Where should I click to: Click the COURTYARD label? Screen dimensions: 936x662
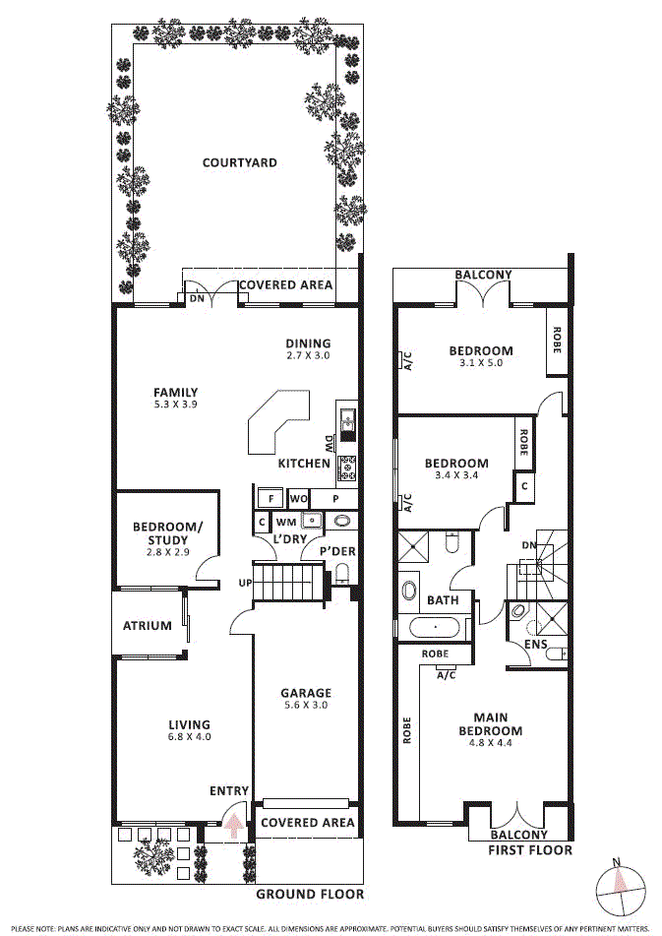239,163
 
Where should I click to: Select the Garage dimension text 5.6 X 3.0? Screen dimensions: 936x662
306,705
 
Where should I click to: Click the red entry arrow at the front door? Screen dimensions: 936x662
233,824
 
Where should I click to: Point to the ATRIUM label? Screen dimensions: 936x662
148,625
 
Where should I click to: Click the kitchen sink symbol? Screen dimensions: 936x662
347,423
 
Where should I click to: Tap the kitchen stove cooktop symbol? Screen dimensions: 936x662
347,468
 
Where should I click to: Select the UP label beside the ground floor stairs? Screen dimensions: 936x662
245,584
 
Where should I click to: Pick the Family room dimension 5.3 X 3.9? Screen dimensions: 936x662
176,404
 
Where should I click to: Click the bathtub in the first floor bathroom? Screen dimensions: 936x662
434,627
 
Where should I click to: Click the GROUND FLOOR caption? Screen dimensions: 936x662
310,895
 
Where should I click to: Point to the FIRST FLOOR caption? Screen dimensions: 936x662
529,849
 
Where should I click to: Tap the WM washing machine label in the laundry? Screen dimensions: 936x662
285,521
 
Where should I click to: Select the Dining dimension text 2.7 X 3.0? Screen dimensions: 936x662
308,355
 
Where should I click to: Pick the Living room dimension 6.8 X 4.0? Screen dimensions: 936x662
189,736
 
